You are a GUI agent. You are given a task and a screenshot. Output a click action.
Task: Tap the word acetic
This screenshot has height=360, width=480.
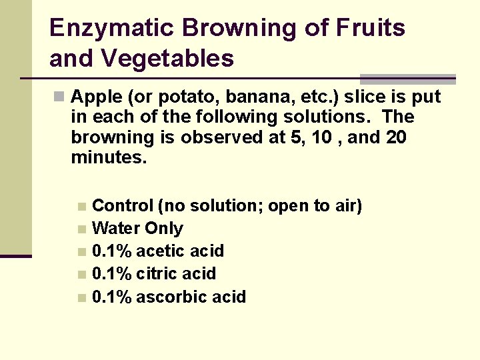pyautogui.click(x=159, y=251)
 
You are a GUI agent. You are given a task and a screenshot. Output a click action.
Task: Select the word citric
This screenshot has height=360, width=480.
pyautogui.click(x=157, y=274)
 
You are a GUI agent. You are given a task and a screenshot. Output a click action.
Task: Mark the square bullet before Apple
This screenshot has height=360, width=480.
pyautogui.click(x=59, y=97)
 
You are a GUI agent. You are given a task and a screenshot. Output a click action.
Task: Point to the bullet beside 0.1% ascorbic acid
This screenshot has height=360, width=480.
pyautogui.click(x=81, y=298)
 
